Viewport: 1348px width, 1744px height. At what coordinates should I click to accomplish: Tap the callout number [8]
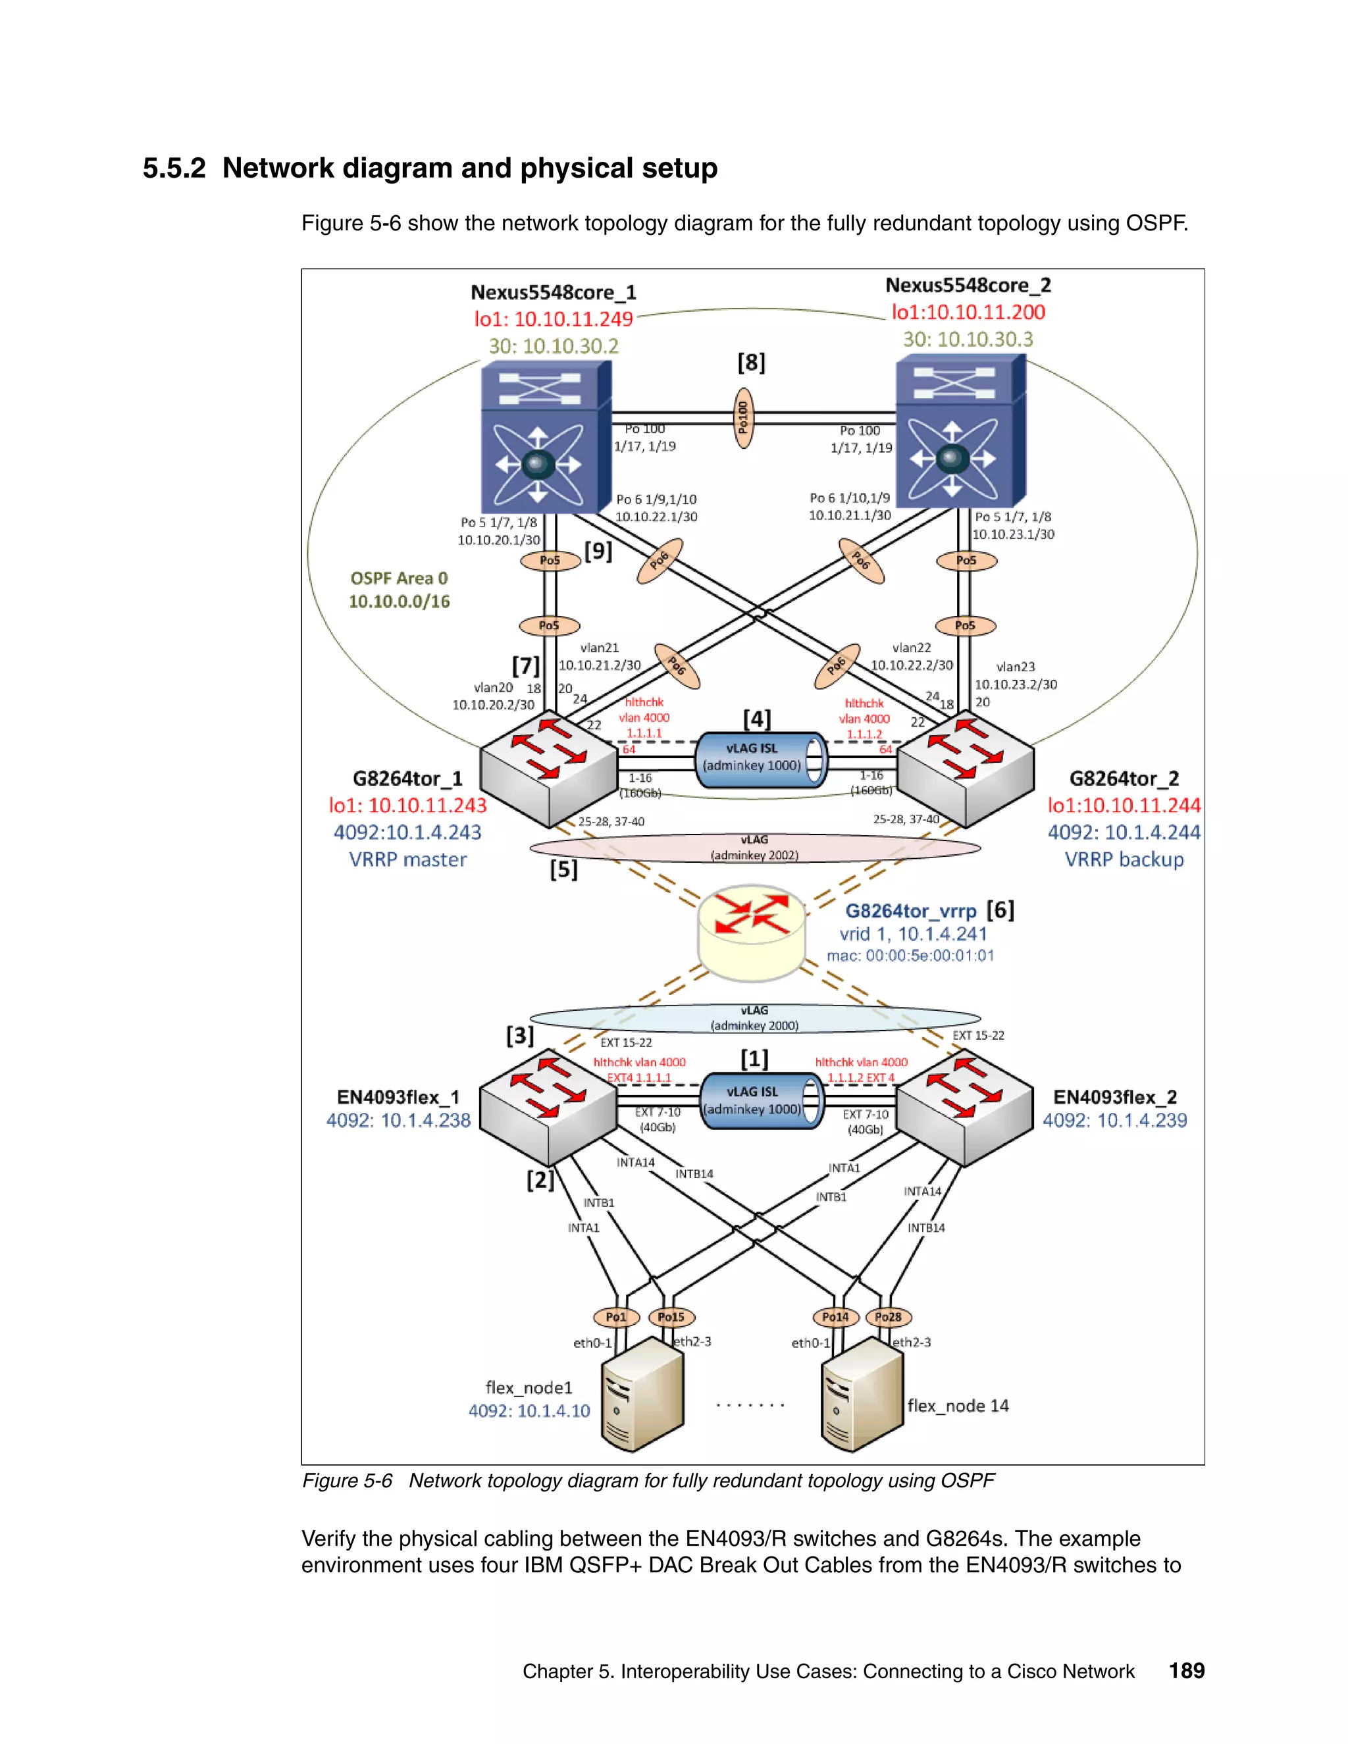pos(750,363)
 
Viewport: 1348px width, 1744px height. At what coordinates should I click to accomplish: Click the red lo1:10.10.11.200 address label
pos(968,312)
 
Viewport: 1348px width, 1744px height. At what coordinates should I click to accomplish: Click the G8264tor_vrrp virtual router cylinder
pos(750,932)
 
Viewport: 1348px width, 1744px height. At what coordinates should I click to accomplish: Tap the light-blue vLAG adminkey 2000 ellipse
pos(755,1018)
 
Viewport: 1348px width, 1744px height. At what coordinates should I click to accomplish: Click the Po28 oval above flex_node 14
pos(887,1317)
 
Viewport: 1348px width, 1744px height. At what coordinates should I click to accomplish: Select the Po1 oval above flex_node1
pos(615,1317)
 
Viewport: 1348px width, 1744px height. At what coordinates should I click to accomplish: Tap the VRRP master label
pos(407,860)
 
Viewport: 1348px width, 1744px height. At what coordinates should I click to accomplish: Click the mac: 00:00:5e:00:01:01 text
pos(910,956)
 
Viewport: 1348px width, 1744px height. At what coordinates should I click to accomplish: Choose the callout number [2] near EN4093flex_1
pos(540,1179)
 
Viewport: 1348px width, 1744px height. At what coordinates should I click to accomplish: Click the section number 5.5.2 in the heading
pos(174,168)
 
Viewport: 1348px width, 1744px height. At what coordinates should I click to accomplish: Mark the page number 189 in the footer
pos(1186,1670)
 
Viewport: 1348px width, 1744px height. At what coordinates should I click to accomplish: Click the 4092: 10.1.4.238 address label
pos(398,1120)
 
